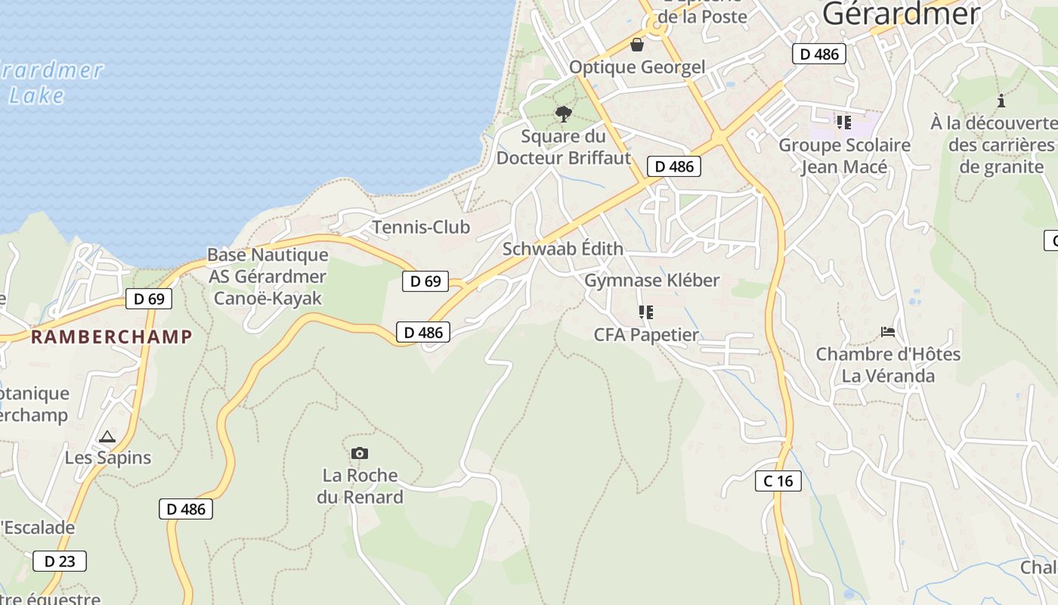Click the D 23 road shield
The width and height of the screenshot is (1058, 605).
60,561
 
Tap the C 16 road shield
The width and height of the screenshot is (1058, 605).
778,480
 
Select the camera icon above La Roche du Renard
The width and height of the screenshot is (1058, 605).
360,453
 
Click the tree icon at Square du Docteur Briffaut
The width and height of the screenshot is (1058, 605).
563,114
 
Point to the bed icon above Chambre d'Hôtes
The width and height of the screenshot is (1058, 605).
888,331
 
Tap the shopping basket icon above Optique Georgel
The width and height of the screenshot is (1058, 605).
637,45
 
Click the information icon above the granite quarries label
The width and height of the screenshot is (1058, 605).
1001,101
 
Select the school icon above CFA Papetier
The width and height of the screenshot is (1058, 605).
645,312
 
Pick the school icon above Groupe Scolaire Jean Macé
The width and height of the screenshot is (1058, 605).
844,122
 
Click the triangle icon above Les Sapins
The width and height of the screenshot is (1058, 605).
107,436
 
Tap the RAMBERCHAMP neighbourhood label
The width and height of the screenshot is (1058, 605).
111,337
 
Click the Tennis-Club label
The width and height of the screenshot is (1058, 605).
421,227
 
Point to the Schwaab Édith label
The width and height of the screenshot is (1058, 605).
563,249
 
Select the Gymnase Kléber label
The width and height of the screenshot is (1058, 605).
652,280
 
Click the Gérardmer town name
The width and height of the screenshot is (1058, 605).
901,14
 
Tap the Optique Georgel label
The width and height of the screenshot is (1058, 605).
636,67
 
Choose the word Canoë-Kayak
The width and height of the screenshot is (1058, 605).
268,298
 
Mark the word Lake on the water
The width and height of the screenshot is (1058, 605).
37,95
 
